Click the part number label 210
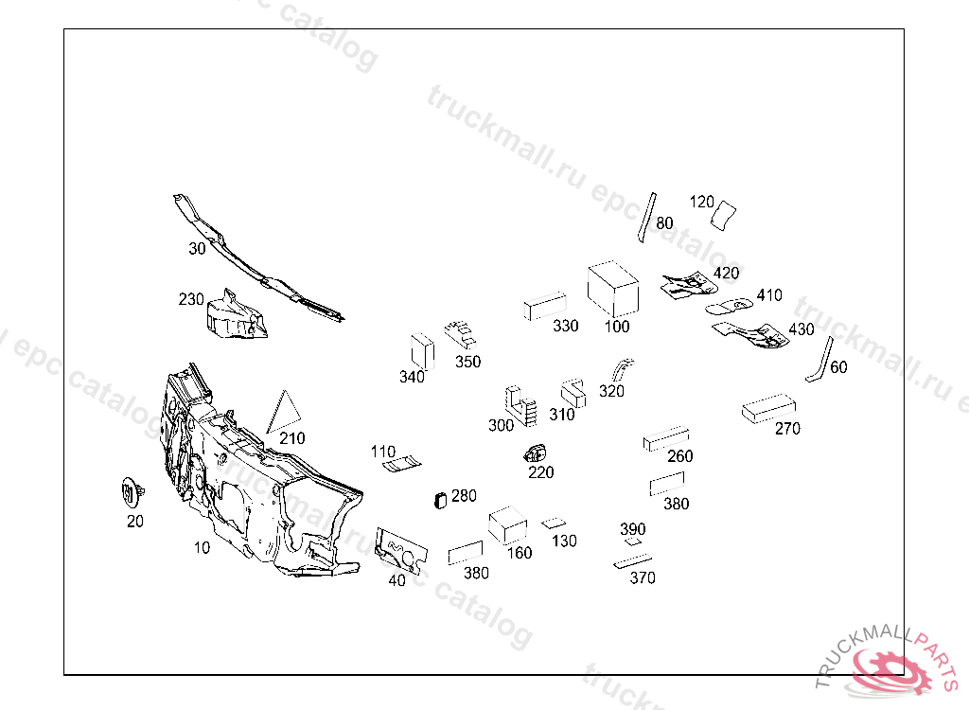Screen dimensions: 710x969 (292, 439)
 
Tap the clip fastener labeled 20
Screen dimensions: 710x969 (131, 493)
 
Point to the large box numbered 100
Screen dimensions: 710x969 (613, 290)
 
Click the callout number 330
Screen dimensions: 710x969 (566, 327)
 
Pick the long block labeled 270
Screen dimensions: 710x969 (767, 409)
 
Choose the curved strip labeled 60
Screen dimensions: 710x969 (819, 361)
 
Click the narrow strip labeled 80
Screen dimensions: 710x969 (646, 217)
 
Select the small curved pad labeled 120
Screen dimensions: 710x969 (725, 215)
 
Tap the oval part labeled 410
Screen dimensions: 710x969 (730, 306)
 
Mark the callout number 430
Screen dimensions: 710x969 (801, 329)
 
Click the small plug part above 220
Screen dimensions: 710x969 (537, 452)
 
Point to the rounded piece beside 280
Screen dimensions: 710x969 (439, 500)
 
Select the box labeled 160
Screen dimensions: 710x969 (507, 524)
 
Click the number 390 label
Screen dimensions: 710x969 (632, 528)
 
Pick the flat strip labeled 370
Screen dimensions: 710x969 (632, 561)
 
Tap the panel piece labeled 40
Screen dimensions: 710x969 (400, 548)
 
